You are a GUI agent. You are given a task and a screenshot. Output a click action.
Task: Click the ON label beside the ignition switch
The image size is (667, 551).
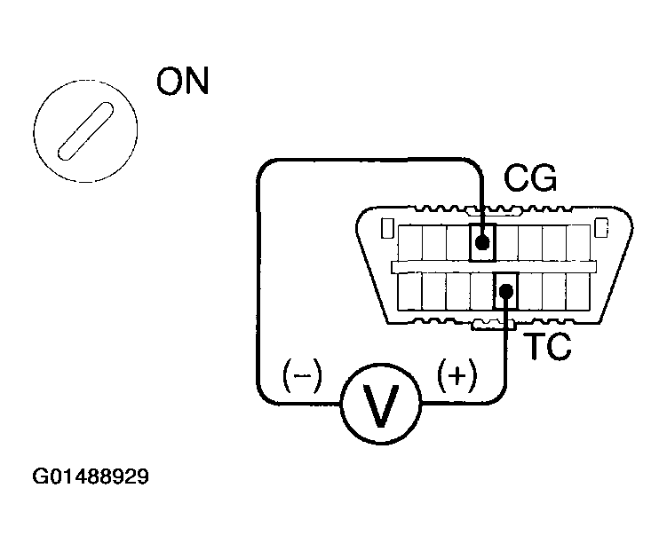182,80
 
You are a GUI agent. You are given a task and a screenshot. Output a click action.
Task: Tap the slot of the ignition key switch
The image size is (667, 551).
85,131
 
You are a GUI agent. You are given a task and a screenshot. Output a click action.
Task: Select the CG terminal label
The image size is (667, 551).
530,178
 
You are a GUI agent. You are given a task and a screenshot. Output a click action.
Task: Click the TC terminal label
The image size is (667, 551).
548,346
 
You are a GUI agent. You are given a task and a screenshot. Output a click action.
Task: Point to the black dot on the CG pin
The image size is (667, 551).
482,242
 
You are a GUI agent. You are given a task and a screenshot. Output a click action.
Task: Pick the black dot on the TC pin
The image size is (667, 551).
505,291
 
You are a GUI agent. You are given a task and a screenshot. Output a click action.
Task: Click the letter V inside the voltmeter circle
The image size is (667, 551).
381,405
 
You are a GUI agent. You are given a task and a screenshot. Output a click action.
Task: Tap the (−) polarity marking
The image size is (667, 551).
302,375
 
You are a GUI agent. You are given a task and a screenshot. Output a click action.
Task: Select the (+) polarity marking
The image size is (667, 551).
457,375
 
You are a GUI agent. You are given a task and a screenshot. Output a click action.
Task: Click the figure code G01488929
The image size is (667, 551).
91,476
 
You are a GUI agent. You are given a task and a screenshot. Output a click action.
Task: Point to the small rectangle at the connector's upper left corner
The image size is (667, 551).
386,228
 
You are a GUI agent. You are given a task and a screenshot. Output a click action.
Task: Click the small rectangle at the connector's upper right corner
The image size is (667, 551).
601,228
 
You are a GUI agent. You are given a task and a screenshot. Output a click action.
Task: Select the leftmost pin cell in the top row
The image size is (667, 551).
410,242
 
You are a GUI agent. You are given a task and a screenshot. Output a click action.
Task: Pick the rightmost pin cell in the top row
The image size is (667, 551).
578,242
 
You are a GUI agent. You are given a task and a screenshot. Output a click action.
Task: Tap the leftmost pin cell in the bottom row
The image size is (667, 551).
410,291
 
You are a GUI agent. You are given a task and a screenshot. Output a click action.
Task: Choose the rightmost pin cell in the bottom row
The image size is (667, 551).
577,291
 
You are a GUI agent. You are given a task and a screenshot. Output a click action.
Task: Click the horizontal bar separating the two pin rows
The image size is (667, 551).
494,267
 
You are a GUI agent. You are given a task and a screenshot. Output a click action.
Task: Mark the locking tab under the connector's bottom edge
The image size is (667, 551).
494,325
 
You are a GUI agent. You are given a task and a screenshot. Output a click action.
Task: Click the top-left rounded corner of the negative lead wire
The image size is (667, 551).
265,167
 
